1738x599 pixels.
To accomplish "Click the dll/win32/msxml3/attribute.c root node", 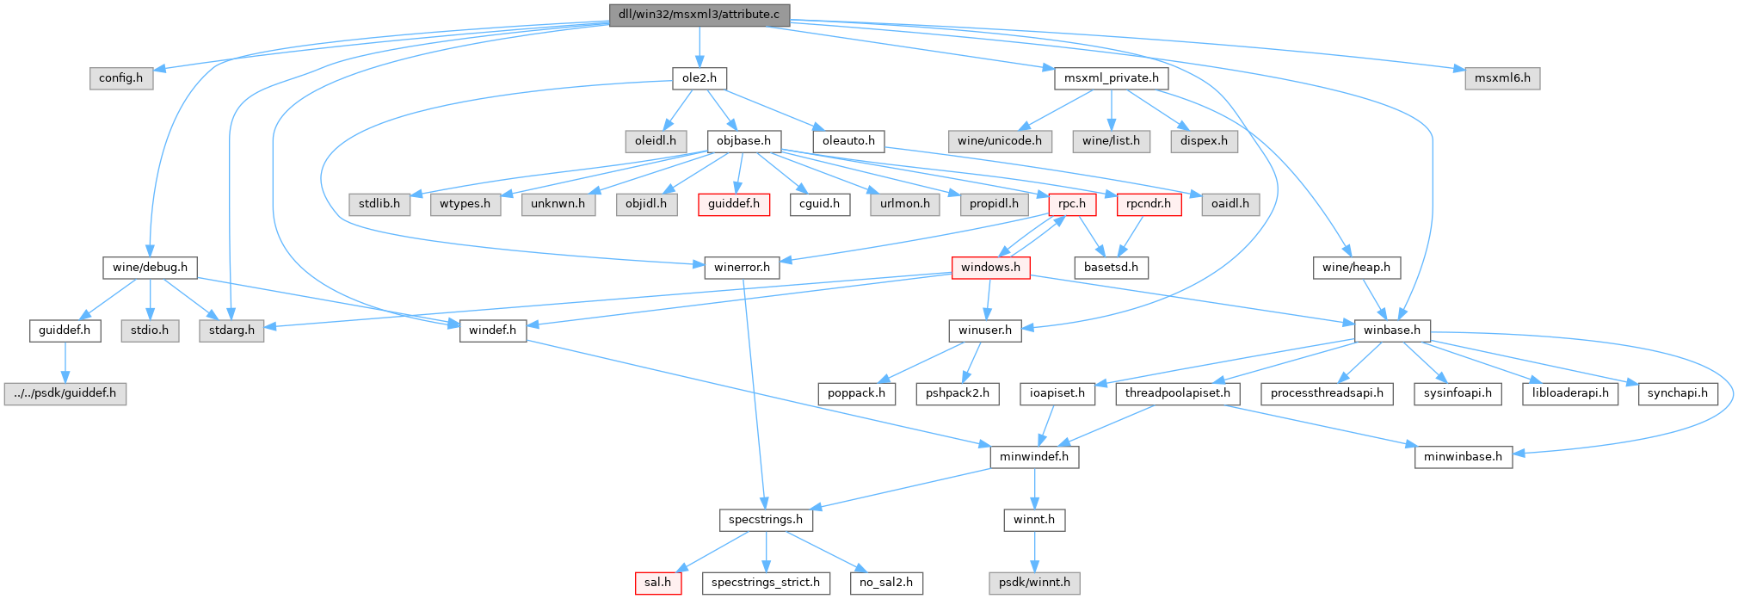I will coord(699,15).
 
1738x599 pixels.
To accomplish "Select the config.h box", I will coord(120,78).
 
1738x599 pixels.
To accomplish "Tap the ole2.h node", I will coord(699,78).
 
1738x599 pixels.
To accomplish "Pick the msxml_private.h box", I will coord(1111,78).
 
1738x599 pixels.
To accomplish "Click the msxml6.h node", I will coord(1502,78).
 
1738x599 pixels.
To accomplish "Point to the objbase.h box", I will coord(743,141).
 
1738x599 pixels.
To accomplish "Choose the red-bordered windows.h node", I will coord(990,268).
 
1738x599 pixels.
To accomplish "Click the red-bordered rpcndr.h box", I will coord(1149,205).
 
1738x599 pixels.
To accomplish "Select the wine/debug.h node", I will coord(150,268).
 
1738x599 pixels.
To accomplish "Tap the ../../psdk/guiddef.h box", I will coord(65,394).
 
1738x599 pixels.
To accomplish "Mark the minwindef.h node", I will coord(1034,457).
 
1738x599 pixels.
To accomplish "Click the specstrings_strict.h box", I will coord(765,583).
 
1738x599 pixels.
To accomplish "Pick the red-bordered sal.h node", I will coord(658,583).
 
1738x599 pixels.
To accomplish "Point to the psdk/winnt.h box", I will coord(1034,583).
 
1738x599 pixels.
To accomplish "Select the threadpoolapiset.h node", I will coord(1177,394).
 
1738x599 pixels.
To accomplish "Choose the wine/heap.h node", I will coord(1356,268).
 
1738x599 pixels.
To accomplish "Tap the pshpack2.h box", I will coord(957,394).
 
